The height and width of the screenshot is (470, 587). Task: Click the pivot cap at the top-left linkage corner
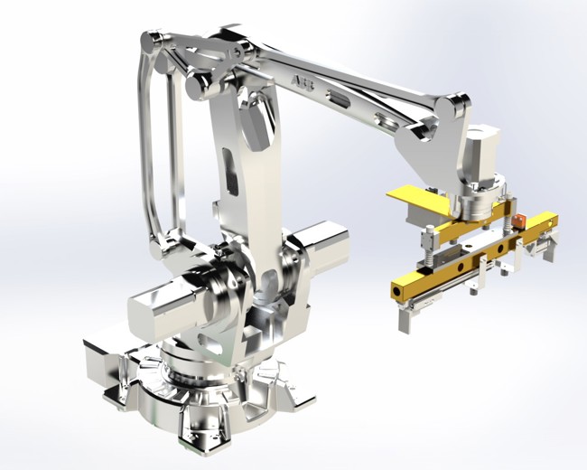tap(154, 41)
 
